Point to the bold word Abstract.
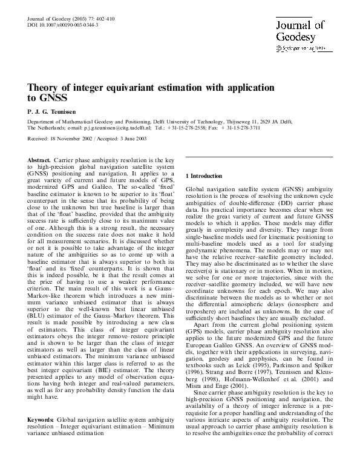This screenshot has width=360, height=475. [40, 159]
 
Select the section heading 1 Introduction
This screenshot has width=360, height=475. [203, 176]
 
